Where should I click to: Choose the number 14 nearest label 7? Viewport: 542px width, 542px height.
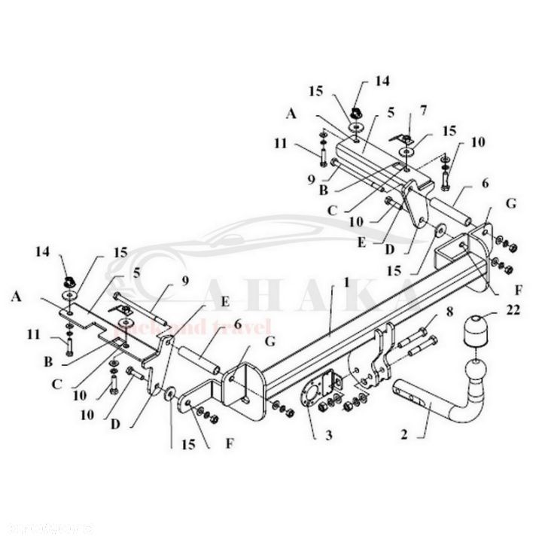coord(383,79)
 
